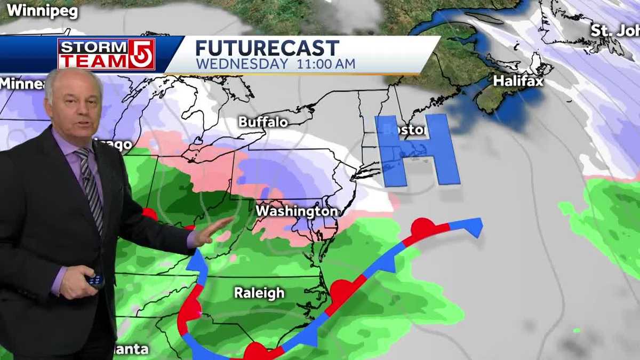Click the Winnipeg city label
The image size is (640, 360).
42,11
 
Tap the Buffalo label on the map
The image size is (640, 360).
263,122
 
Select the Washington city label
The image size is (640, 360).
297,211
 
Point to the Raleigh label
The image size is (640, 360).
259,293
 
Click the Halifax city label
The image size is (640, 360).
518,81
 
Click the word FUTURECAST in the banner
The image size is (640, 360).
267,49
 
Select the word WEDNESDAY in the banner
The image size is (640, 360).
240,64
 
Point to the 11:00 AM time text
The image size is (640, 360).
322,64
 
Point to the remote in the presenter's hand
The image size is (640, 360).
95,280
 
